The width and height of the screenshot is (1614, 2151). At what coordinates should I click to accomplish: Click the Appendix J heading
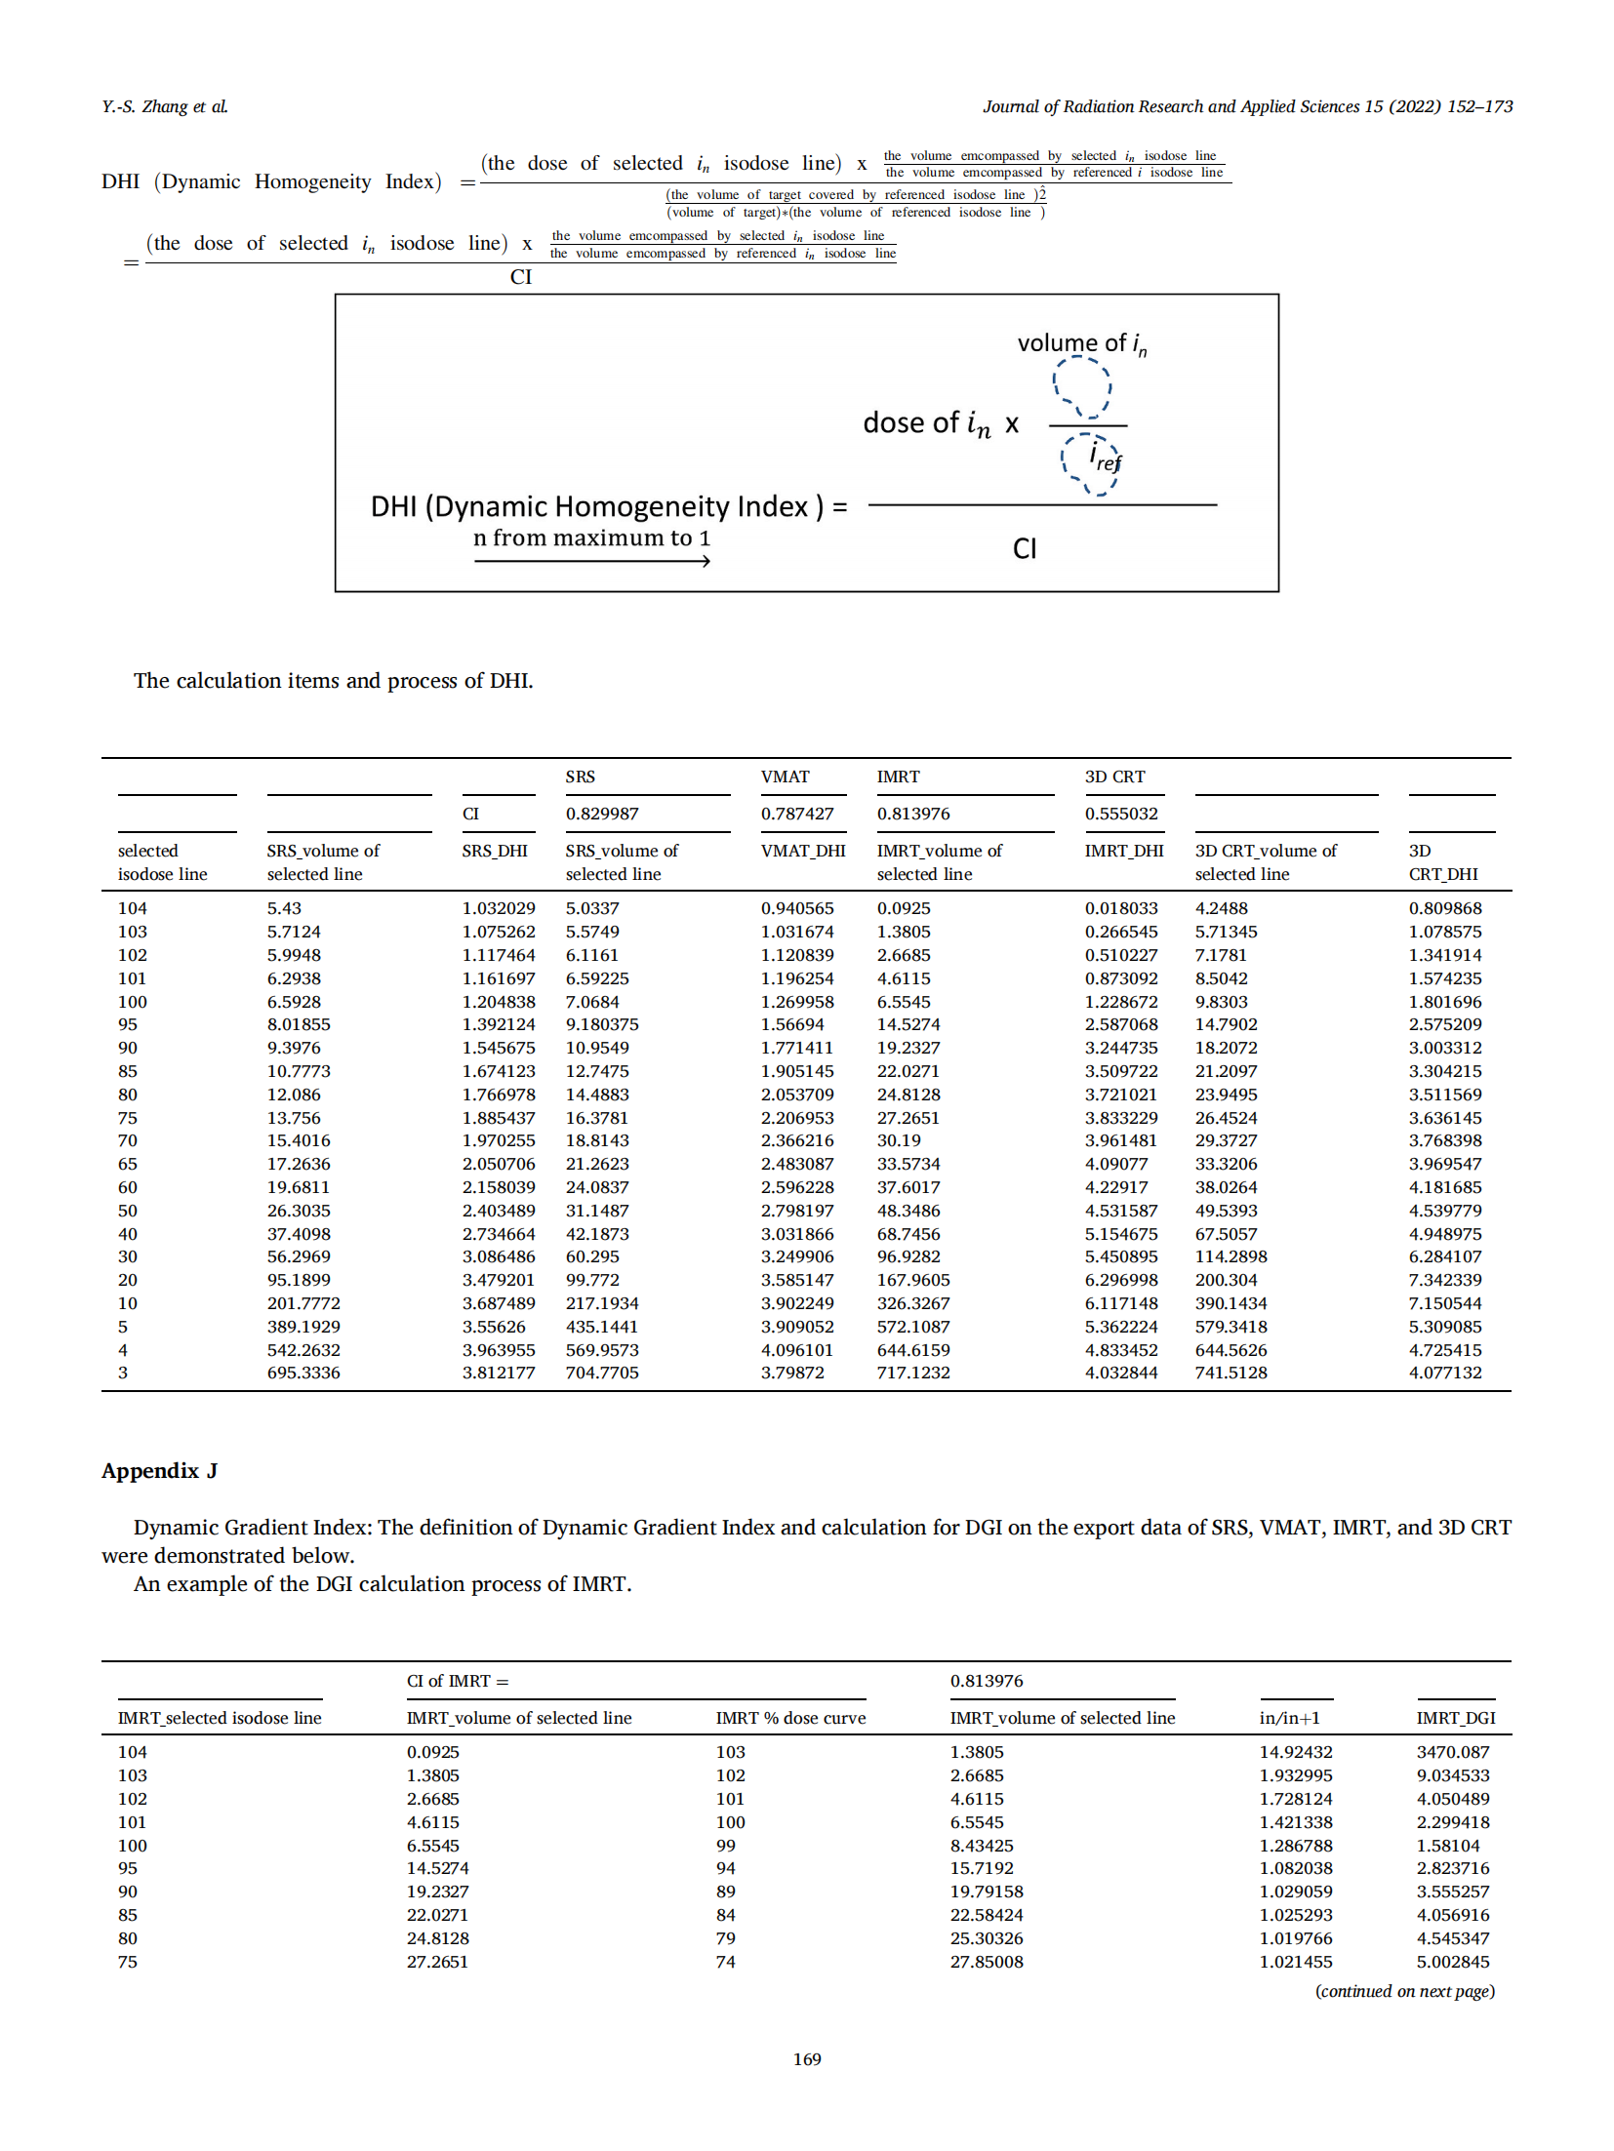coord(159,1470)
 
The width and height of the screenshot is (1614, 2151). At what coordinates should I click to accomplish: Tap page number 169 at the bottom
coord(806,2058)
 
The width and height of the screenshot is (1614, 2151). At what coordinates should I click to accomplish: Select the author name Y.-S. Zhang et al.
coord(165,106)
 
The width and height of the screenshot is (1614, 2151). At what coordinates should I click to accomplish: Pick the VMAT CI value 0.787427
coord(797,814)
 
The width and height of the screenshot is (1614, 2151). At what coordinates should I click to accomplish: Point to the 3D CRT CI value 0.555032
coord(1121,814)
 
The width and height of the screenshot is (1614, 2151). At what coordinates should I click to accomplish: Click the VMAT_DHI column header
coord(803,851)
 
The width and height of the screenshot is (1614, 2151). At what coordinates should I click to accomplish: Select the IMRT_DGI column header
coord(1455,1718)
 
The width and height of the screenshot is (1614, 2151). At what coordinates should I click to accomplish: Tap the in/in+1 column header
coord(1294,1718)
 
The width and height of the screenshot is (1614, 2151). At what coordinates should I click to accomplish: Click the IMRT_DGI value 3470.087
coord(1452,1752)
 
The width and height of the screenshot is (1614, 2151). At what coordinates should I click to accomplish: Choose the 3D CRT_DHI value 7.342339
coord(1444,1280)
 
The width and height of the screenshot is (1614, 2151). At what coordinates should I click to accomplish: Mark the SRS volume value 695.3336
coord(303,1373)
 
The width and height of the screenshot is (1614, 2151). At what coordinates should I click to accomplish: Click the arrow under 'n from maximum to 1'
coord(591,561)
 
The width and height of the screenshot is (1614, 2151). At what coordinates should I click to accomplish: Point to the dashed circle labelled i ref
coord(1091,462)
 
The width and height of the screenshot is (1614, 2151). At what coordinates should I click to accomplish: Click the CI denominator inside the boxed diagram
coord(1025,548)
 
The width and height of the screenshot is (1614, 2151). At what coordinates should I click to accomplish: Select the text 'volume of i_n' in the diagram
coord(1081,343)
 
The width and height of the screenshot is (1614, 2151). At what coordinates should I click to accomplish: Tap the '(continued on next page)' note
coord(1404,1991)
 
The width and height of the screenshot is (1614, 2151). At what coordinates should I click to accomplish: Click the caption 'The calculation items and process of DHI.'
coord(333,681)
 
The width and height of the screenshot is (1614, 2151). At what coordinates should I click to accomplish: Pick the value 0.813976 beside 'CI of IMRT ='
coord(987,1681)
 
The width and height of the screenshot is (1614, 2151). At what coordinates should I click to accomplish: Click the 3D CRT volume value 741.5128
coord(1231,1373)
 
